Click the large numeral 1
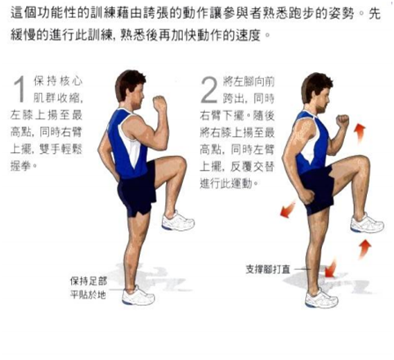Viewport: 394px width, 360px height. (x=20, y=89)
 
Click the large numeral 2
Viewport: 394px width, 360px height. (x=209, y=90)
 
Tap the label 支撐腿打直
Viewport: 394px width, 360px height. (x=268, y=269)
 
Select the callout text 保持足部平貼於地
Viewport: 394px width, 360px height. (x=88, y=288)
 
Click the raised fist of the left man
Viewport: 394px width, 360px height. (x=159, y=103)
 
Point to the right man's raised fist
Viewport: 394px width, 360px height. (x=343, y=121)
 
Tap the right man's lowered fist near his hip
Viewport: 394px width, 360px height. (x=308, y=196)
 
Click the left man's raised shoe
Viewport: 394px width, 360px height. (x=178, y=221)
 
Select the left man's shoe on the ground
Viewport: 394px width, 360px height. (x=138, y=295)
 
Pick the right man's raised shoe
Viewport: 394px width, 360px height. (x=367, y=223)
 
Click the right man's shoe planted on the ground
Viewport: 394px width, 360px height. (x=321, y=299)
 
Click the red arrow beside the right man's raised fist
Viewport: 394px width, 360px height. (x=360, y=133)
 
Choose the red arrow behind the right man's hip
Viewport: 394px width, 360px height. (x=288, y=209)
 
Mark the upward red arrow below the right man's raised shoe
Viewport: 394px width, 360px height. (x=365, y=249)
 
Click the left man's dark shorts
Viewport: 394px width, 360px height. (x=137, y=190)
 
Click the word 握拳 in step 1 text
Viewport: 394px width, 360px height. (x=20, y=166)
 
